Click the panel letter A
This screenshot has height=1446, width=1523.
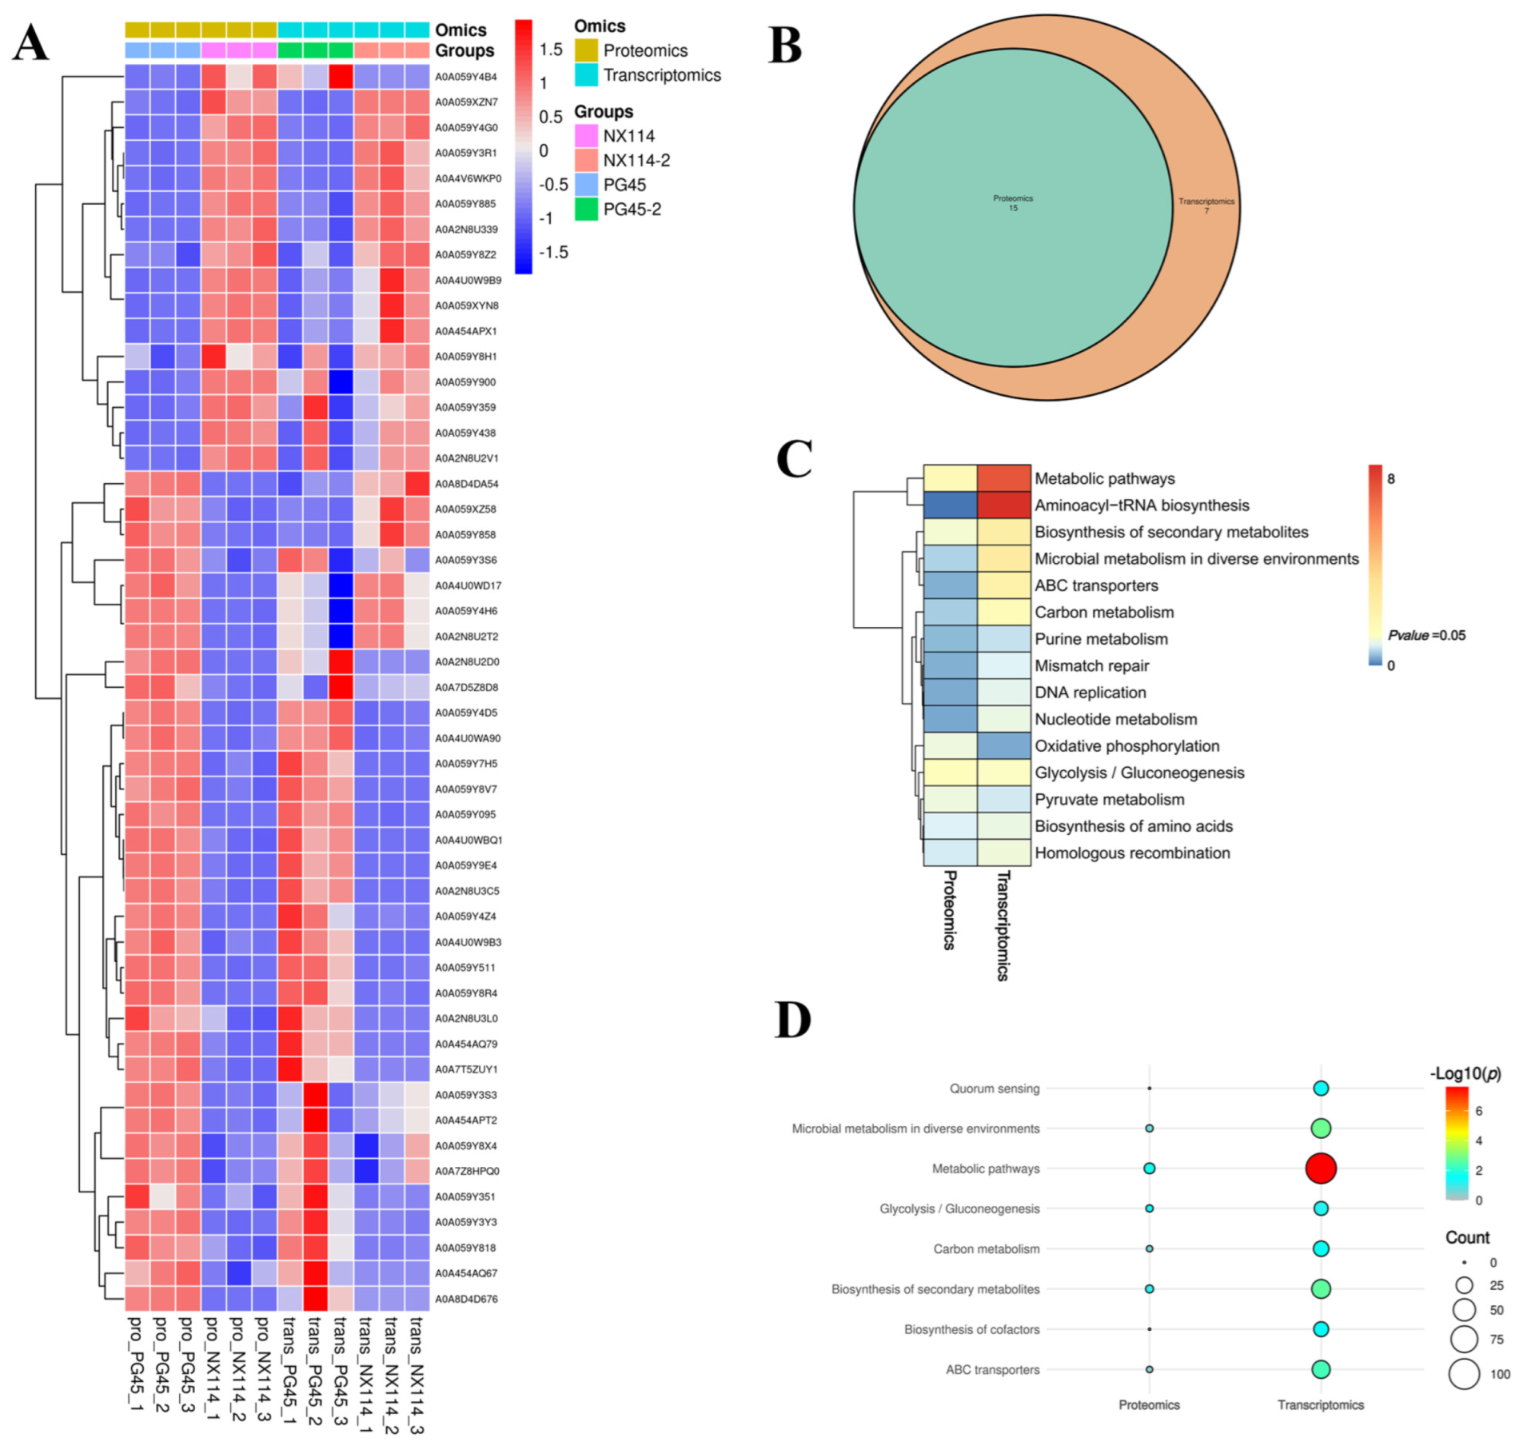[30, 43]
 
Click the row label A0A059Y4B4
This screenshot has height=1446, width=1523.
[465, 77]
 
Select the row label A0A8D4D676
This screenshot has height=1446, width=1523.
[465, 1299]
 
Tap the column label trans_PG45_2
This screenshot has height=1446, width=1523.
[315, 1375]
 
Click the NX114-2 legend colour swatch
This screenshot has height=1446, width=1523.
[586, 160]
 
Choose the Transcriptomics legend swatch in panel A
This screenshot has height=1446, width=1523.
[586, 75]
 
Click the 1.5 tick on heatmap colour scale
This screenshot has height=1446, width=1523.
[551, 50]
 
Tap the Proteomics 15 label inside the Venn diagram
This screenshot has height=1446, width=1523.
[1013, 203]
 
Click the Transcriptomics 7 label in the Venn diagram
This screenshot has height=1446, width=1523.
[1206, 206]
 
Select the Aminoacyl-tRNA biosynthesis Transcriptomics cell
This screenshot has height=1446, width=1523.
[1003, 505]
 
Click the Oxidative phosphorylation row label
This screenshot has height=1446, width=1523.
[1126, 746]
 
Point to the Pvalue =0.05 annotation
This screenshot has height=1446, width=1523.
[1426, 635]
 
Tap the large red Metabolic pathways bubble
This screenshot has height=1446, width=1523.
[1320, 1168]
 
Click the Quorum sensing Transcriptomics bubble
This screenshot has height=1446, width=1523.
[1320, 1088]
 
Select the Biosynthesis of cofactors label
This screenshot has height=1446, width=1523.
[971, 1329]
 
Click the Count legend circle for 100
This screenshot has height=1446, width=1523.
[1464, 1374]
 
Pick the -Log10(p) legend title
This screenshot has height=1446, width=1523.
[1465, 1073]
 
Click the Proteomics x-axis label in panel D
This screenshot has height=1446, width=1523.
[1149, 1404]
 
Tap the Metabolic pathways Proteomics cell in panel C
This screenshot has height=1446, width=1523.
[950, 478]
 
